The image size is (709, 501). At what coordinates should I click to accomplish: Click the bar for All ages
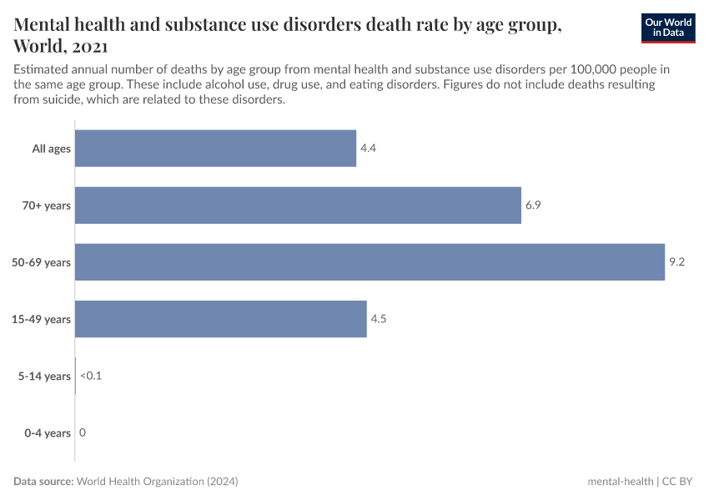[x=215, y=149]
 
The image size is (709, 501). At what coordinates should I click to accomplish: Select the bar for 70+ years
[x=298, y=205]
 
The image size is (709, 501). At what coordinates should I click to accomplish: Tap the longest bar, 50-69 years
[x=370, y=262]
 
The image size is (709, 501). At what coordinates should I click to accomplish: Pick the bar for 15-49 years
[x=220, y=319]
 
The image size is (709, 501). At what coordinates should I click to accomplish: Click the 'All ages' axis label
[x=52, y=149]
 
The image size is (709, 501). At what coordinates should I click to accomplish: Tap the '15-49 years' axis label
[x=43, y=319]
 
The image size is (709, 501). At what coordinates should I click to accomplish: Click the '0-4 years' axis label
[x=46, y=433]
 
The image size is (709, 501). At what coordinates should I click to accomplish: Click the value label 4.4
[x=369, y=149]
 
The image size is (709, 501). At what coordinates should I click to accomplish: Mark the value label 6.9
[x=534, y=205]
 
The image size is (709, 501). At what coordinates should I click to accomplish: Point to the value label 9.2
[x=677, y=262]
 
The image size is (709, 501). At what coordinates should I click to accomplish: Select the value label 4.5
[x=380, y=319]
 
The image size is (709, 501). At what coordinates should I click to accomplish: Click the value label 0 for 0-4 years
[x=83, y=433]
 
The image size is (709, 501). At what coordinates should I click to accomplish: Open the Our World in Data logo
[x=667, y=28]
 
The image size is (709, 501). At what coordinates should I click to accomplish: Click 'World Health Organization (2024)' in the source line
[x=158, y=482]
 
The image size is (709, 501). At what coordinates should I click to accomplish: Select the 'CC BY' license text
[x=679, y=482]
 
